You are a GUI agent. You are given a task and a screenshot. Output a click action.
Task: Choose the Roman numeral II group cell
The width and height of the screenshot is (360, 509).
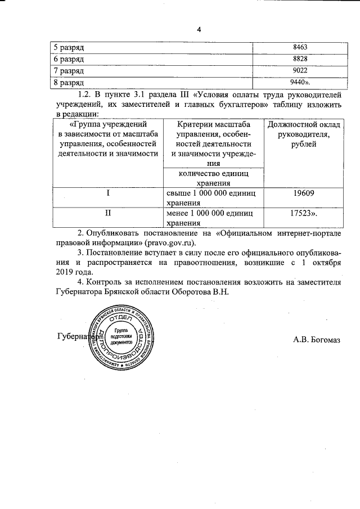pyautogui.click(x=107, y=214)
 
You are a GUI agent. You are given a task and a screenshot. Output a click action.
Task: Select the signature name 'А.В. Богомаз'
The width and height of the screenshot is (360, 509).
pyautogui.click(x=317, y=339)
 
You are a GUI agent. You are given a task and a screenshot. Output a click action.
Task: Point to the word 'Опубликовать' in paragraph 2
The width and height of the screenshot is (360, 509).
pyautogui.click(x=115, y=232)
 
